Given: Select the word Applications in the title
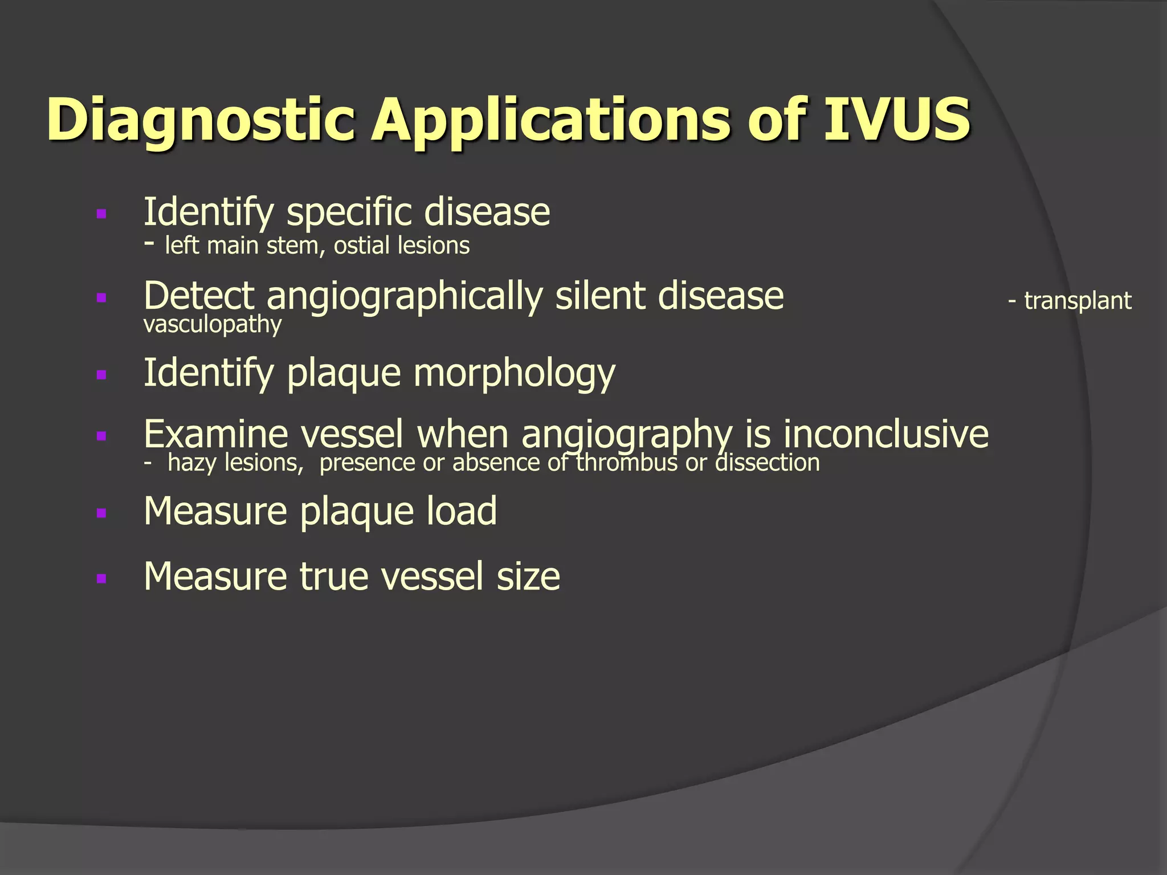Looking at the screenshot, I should point(550,121).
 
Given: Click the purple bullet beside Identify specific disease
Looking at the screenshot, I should point(102,214).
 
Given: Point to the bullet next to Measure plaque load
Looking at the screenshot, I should point(102,513).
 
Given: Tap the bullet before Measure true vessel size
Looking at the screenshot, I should point(102,579).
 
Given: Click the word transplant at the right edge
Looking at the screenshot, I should point(1078,301).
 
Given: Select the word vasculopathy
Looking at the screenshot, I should point(213,325).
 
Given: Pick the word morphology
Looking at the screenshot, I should point(514,374).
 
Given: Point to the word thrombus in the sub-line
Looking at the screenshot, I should point(626,463).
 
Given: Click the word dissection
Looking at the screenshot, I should point(768,463).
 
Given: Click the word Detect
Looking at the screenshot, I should point(199,296).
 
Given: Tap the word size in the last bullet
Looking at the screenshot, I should point(528,576).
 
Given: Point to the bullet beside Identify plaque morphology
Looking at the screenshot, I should point(102,375).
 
